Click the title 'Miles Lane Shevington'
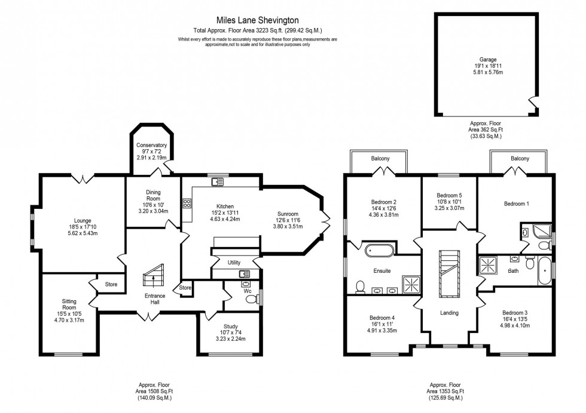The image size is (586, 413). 257,20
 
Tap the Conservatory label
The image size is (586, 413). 151,145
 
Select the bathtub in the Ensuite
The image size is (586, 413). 377,249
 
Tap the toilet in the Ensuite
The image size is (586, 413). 361,287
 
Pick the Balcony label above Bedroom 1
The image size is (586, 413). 520,159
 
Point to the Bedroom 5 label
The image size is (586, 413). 448,195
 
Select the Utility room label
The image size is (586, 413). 234,262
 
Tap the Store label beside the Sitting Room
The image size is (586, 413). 111,284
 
